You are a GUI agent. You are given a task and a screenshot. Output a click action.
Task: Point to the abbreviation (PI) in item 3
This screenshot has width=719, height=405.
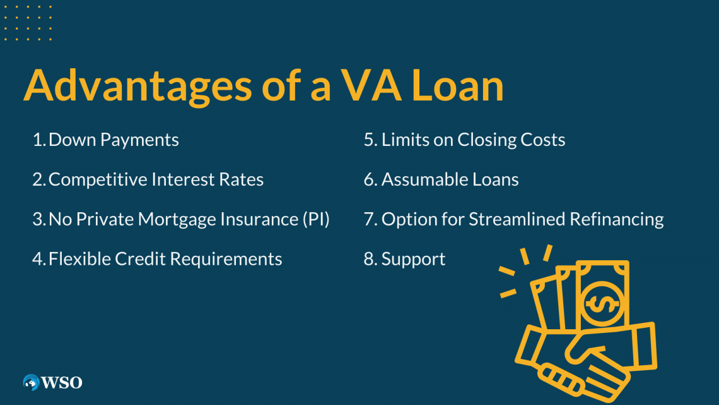[315, 219]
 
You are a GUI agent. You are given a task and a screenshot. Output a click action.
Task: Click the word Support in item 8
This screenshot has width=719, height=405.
[413, 259]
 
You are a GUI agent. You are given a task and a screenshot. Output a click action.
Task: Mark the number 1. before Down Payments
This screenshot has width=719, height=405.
[39, 140]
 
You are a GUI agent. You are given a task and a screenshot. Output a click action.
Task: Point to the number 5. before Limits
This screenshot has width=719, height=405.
[370, 140]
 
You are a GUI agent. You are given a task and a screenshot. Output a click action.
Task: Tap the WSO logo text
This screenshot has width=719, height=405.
[62, 382]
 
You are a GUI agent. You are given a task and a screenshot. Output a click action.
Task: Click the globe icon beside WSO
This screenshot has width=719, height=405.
[31, 382]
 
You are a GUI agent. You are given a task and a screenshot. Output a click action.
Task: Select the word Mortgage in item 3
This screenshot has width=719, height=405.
[174, 219]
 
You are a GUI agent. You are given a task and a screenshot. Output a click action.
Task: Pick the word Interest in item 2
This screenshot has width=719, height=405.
[181, 179]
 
